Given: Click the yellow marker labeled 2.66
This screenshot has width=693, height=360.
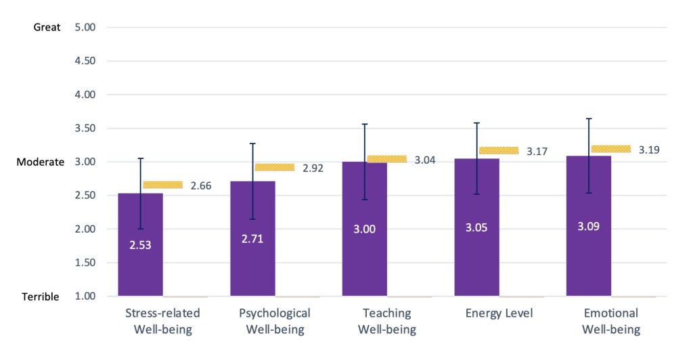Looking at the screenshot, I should [x=162, y=185].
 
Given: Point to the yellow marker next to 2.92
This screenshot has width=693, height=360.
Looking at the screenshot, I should [x=275, y=167].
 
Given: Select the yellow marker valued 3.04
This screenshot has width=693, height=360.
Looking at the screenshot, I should [x=387, y=159].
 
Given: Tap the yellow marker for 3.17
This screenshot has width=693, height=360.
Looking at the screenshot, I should [x=499, y=150].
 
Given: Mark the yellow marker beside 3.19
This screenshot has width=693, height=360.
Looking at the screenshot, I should [x=611, y=149].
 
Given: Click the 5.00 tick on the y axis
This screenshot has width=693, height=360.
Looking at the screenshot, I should [x=86, y=28].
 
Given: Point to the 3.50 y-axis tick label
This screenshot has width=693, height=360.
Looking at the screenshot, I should [x=86, y=129].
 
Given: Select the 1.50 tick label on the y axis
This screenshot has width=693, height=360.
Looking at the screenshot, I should [x=86, y=263].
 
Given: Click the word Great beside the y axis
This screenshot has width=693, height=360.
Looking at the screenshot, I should [x=47, y=28].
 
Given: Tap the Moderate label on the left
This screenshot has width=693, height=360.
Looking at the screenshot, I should [x=40, y=162].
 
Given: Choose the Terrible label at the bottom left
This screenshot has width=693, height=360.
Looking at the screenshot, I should [x=40, y=296].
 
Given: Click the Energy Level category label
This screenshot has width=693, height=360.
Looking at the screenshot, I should [x=499, y=313].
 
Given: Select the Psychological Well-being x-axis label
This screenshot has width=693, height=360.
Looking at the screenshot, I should [x=275, y=321].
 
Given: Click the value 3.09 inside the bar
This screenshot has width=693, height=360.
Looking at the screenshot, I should [x=588, y=226].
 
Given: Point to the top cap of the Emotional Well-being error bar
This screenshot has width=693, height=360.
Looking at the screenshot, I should [x=589, y=118].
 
